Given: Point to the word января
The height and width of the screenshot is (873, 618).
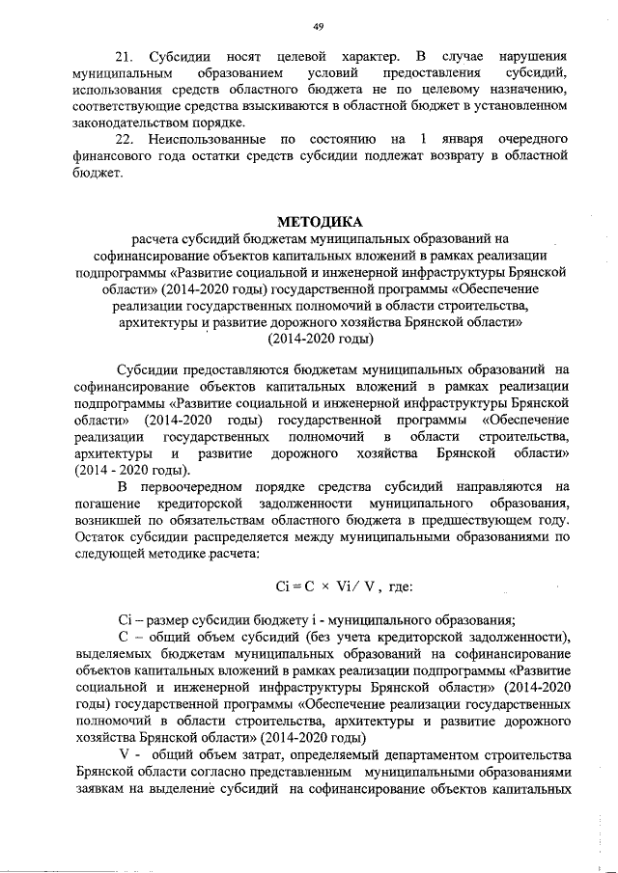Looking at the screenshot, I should coord(458,140).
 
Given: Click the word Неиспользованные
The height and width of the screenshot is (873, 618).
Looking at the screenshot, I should coord(205,140).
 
